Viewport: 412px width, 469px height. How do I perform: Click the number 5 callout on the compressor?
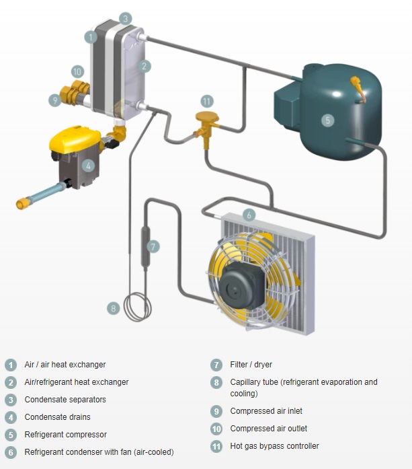click(x=327, y=120)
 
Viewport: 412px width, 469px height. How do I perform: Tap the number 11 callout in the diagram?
click(x=206, y=101)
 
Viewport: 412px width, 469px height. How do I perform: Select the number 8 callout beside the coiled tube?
click(x=113, y=308)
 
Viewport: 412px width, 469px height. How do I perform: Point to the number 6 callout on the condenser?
click(x=249, y=215)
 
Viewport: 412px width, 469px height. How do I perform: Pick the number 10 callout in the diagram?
click(x=77, y=71)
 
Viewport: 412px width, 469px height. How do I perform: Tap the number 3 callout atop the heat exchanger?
click(x=126, y=18)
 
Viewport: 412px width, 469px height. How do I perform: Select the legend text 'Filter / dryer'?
click(x=251, y=365)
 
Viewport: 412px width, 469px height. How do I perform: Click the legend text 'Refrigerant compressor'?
click(x=65, y=435)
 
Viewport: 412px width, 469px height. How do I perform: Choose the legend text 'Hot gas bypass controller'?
click(x=274, y=445)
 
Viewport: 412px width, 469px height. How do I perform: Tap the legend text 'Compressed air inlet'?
click(x=265, y=410)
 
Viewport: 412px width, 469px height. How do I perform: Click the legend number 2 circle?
click(x=10, y=382)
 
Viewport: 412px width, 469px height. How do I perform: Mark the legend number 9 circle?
click(x=216, y=411)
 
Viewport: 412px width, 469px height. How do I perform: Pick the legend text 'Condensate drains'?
click(x=57, y=417)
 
